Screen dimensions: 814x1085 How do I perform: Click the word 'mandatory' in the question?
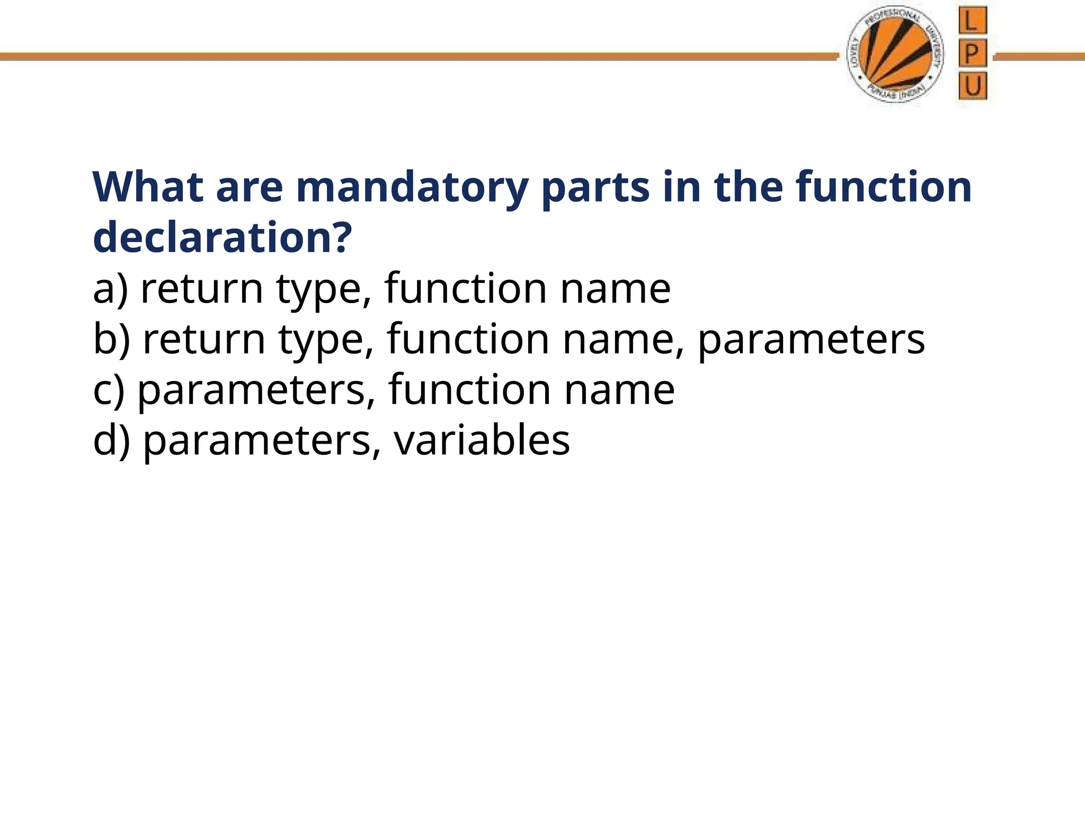coord(412,188)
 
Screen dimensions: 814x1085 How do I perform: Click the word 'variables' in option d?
coord(482,440)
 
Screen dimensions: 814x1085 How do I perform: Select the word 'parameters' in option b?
coord(811,340)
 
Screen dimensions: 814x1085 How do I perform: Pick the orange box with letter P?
coord(972,54)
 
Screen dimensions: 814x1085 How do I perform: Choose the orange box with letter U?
coord(973,86)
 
